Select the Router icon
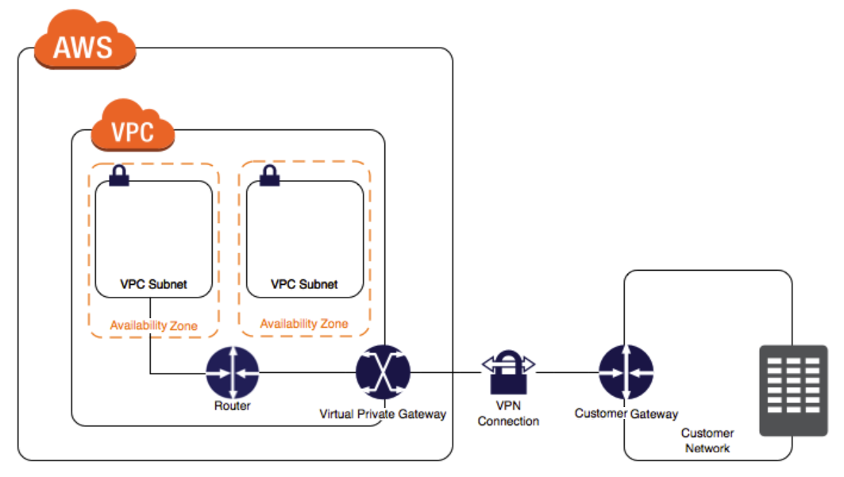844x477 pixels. [x=233, y=372]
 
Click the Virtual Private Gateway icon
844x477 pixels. [x=383, y=372]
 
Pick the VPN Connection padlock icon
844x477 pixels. [x=508, y=372]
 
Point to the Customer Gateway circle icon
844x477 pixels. [x=626, y=372]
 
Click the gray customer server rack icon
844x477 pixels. [x=793, y=390]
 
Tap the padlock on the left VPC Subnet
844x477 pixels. [x=119, y=175]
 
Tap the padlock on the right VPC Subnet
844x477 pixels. [x=270, y=175]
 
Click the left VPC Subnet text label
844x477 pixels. [x=153, y=284]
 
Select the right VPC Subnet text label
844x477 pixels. [x=304, y=284]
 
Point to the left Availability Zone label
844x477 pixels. [x=153, y=325]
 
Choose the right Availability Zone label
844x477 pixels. [x=304, y=324]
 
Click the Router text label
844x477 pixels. [x=233, y=406]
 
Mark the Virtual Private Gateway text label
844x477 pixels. [x=383, y=414]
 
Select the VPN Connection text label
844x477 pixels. [x=508, y=414]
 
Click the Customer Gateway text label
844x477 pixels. [x=626, y=414]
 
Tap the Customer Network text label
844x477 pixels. [x=707, y=440]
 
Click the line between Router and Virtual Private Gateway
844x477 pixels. [x=307, y=372]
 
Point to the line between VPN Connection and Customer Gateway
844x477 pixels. [x=568, y=372]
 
